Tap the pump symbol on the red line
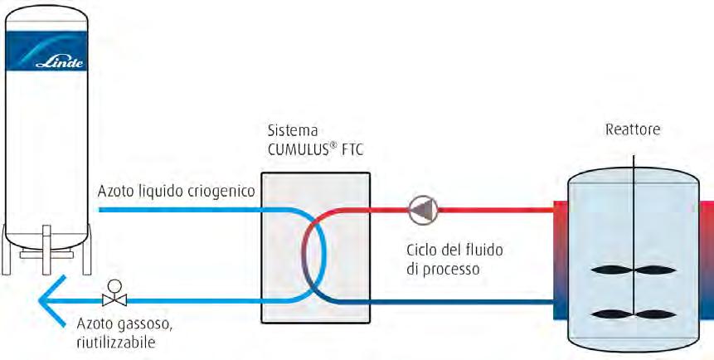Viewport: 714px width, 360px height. (422, 210)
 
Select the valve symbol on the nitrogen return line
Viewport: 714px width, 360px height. (113, 297)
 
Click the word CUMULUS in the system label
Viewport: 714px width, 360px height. (298, 150)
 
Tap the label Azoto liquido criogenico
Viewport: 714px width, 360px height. (176, 192)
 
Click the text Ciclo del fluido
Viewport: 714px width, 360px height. (454, 249)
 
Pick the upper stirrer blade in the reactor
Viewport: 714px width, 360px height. (632, 270)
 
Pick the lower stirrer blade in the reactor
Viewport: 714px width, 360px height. (632, 313)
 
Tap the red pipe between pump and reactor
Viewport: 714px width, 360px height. (498, 210)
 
